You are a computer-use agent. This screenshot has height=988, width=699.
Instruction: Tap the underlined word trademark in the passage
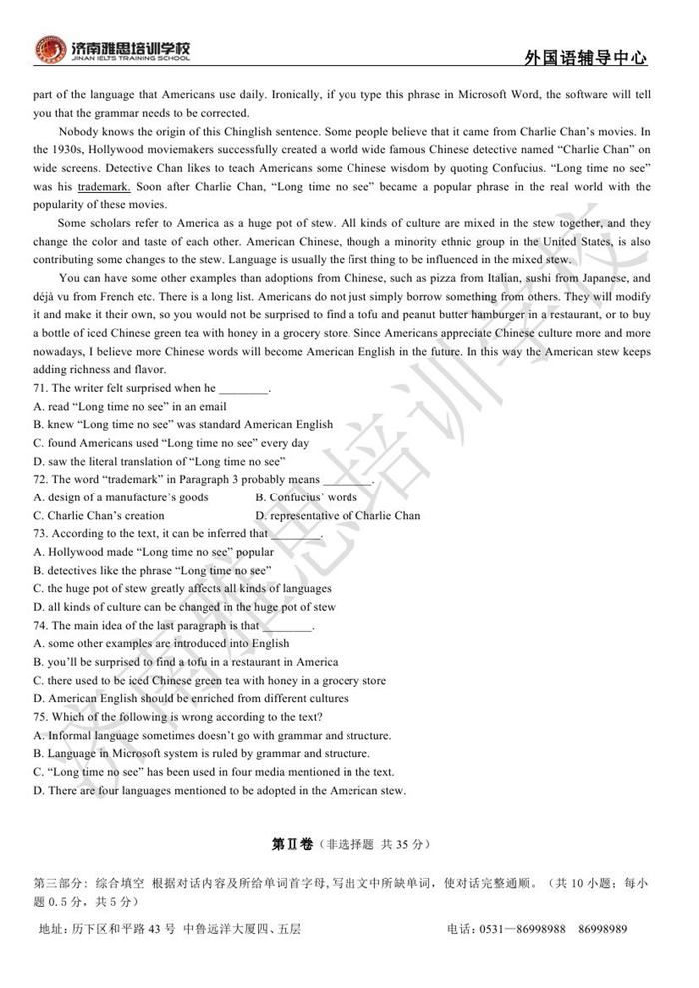click(103, 187)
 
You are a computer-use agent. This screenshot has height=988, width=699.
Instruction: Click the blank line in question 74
click(288, 626)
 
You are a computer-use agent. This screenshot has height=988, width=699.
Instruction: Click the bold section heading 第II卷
click(291, 844)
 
